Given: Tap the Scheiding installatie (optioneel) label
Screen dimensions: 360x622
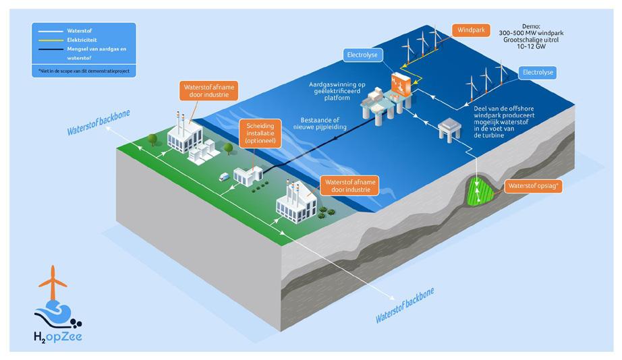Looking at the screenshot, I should [257, 133].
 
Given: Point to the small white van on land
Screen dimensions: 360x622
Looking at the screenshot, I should [225, 177].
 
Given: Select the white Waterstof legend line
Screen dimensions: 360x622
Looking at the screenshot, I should [49, 31].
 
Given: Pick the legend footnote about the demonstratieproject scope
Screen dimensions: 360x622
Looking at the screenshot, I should [84, 69].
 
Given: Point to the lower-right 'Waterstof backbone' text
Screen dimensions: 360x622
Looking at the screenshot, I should [405, 305].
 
